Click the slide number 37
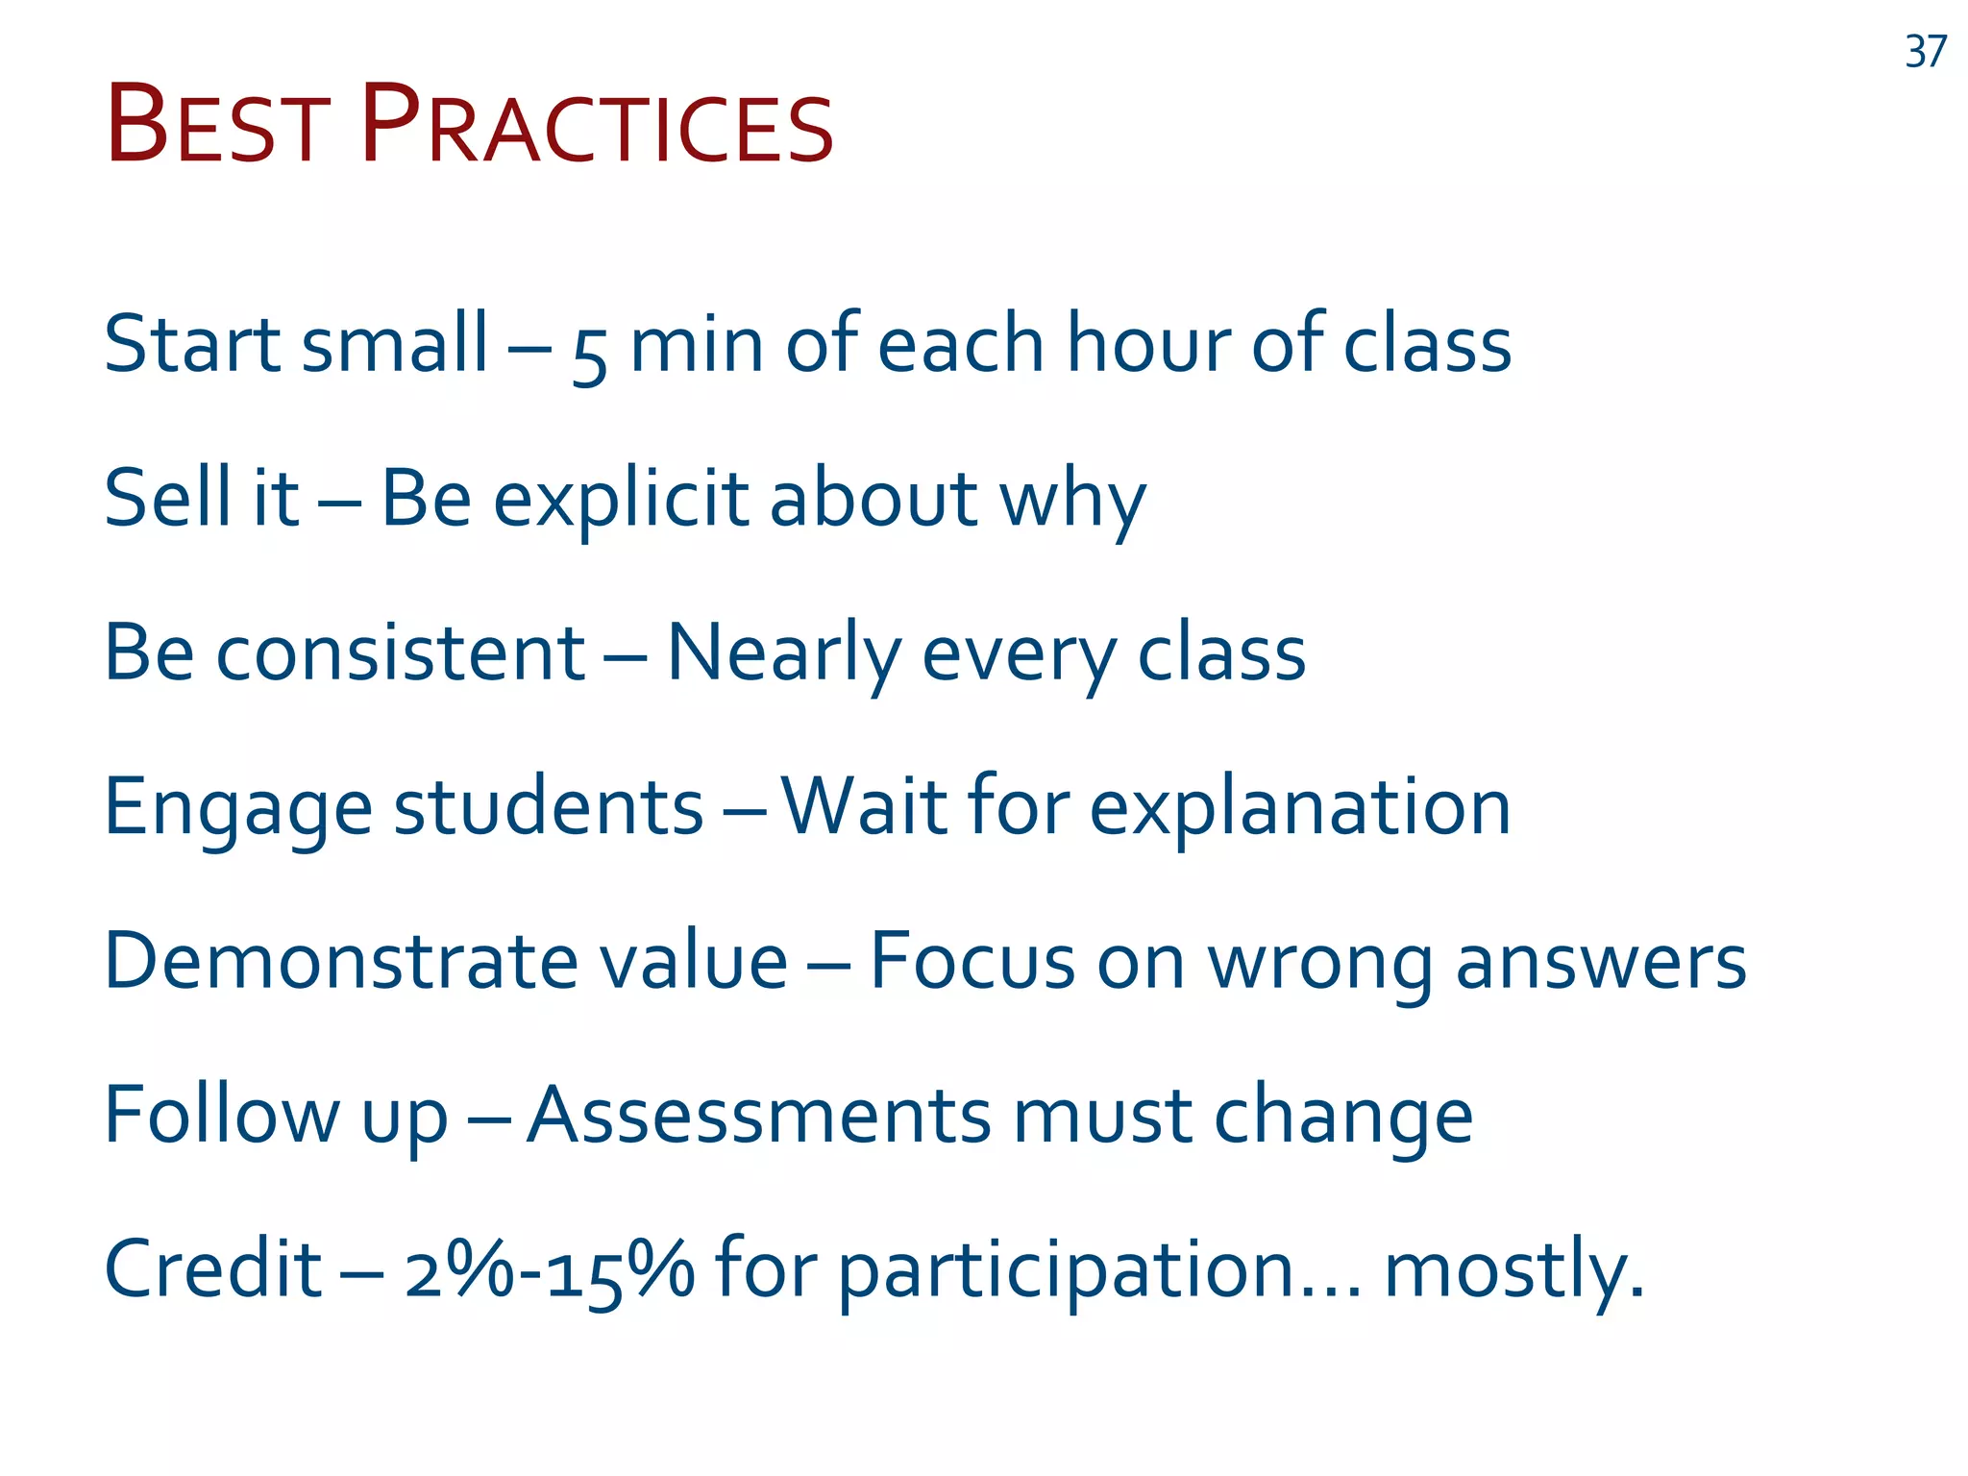[x=1925, y=52]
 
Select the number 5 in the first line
[x=589, y=355]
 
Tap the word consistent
[x=401, y=653]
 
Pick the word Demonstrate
[x=341, y=961]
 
